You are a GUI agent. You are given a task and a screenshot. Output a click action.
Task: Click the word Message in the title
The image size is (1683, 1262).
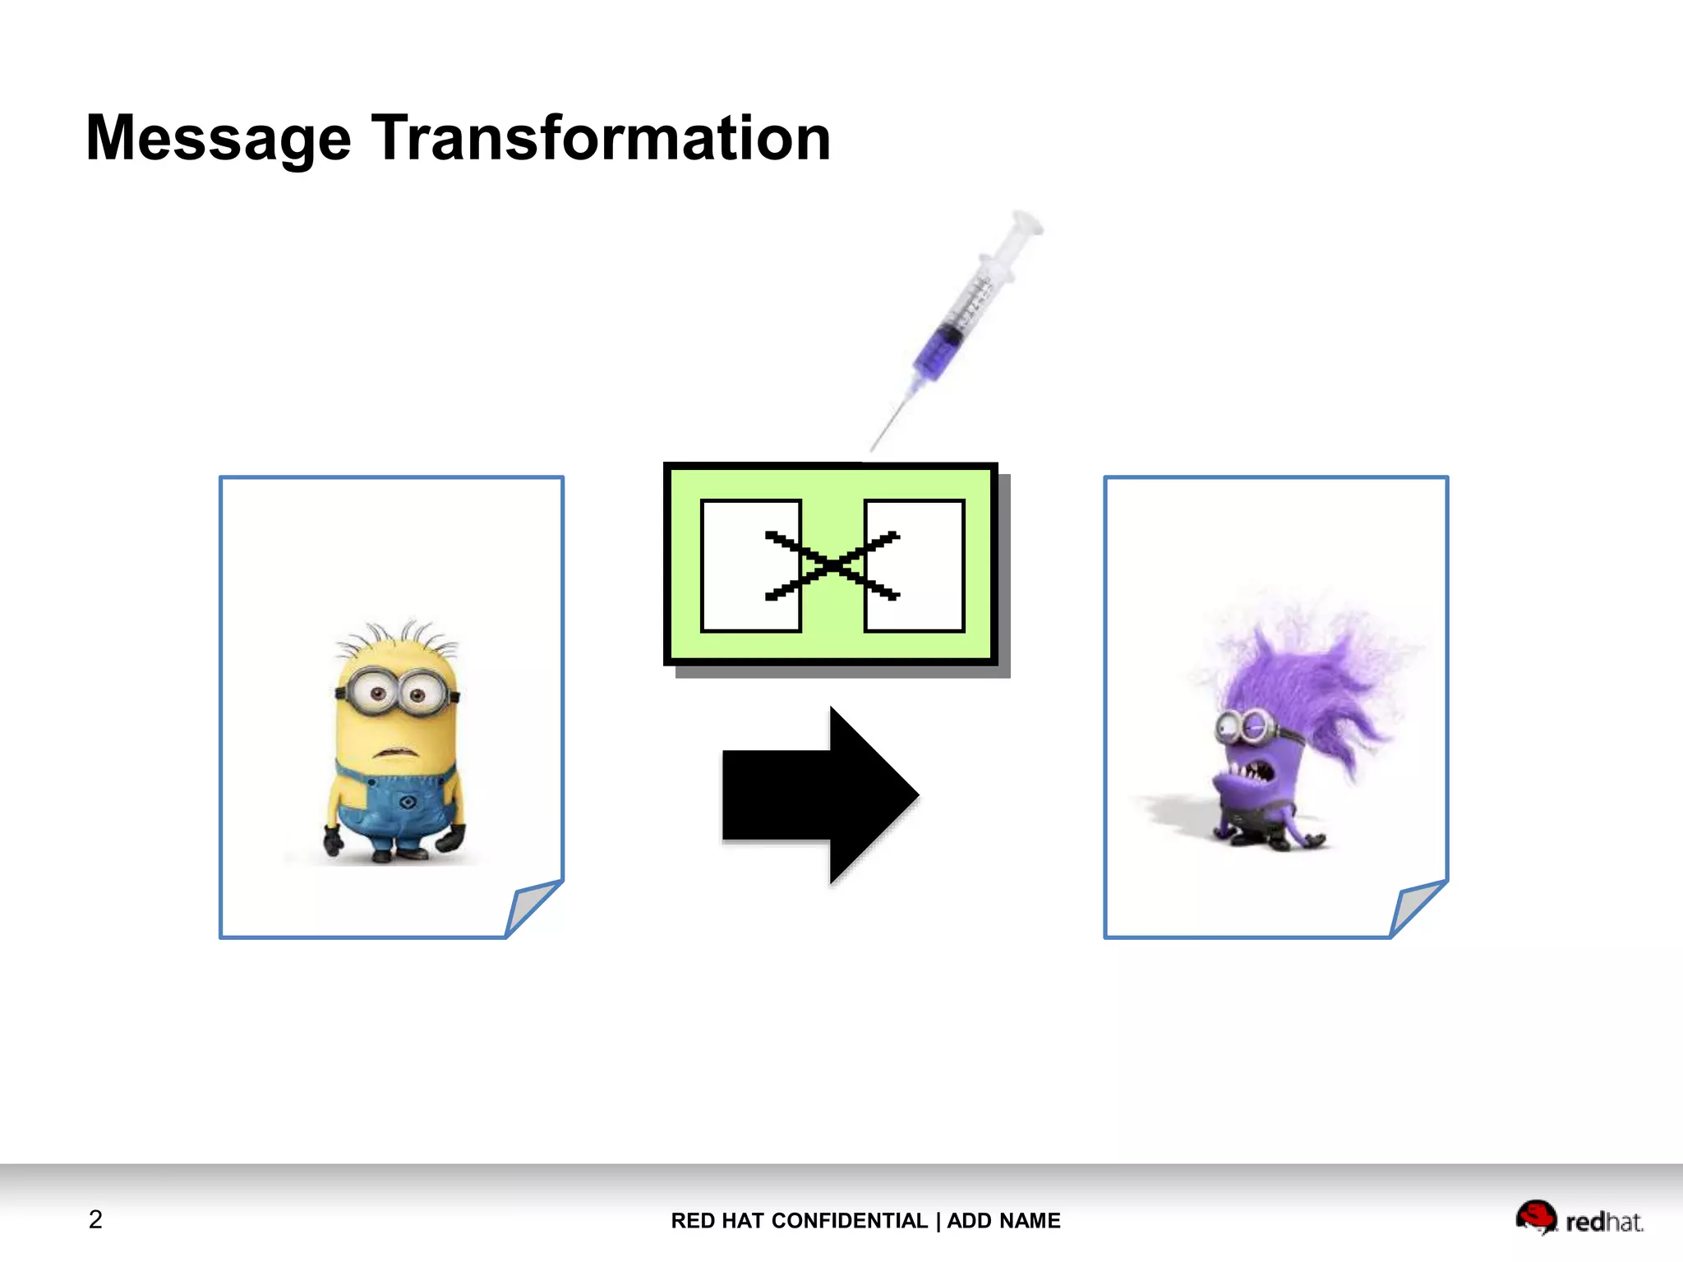point(218,138)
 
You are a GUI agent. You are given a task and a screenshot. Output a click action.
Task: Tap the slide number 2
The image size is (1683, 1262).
point(95,1219)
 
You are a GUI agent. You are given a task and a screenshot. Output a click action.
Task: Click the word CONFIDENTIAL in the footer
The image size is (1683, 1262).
point(850,1221)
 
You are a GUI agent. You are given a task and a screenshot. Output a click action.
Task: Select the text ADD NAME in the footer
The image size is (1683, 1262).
point(1003,1221)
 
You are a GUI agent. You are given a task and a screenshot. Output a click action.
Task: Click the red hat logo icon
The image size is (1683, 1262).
point(1535,1217)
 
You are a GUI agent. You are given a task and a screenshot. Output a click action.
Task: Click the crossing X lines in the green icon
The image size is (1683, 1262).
point(832,565)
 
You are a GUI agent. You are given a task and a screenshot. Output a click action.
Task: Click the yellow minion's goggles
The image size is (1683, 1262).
point(397,693)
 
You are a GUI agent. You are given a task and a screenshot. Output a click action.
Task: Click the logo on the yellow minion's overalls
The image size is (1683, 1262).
point(407,801)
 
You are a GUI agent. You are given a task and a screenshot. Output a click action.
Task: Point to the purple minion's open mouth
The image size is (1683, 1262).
point(1253,772)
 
